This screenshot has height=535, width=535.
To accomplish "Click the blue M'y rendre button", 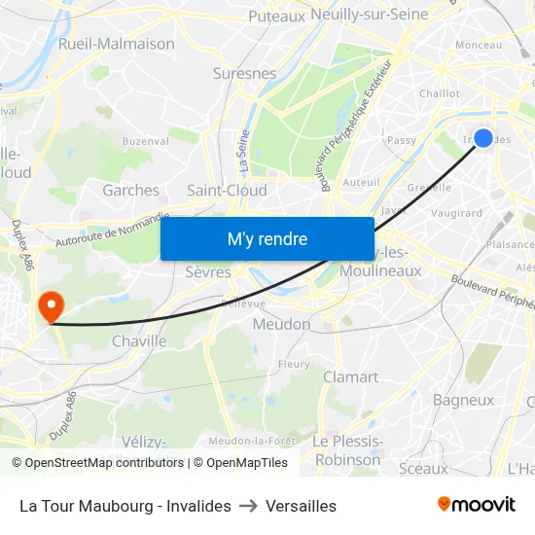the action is [267, 238].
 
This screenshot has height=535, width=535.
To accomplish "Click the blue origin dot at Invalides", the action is [482, 138].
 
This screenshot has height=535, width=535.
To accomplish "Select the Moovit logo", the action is [476, 505].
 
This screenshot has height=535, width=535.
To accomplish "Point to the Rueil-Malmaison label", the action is [117, 44].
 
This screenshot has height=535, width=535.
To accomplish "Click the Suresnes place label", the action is [244, 73].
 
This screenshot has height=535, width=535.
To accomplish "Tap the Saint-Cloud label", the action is [227, 191].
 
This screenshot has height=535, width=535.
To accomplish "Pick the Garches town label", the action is [130, 191].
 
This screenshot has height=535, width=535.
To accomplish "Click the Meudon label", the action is [281, 324].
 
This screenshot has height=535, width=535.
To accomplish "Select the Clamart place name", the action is [350, 376].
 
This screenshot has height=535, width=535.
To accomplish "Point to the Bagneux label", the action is [463, 400].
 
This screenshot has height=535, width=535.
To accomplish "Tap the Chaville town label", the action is [139, 341].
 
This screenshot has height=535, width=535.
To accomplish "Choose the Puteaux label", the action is [276, 16].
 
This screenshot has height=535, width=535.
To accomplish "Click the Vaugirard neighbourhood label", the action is [456, 212].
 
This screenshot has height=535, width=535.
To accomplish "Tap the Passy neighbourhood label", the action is [402, 140].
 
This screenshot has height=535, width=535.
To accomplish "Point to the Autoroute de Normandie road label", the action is [113, 230].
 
